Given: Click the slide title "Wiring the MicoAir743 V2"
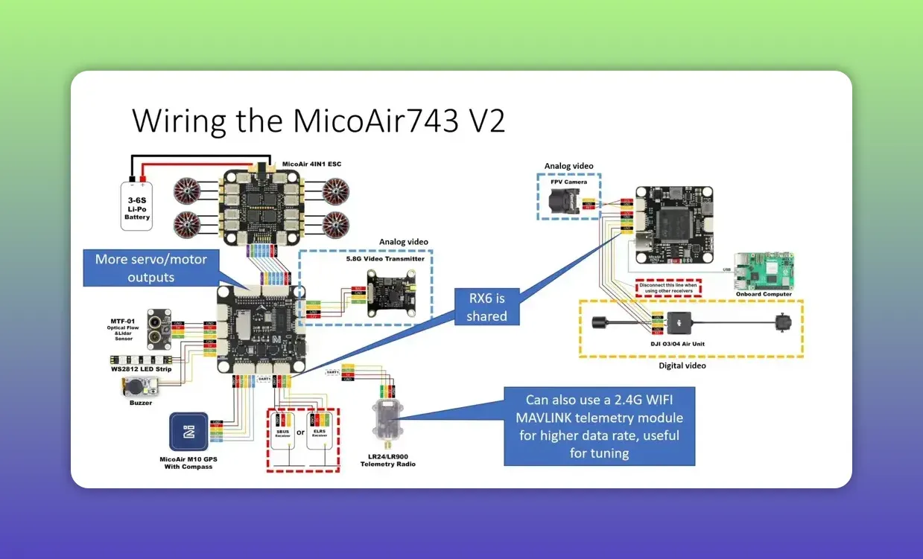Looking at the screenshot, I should click(318, 120).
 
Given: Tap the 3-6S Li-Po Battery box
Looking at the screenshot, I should click(137, 203).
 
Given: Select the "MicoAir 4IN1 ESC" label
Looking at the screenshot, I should click(311, 164).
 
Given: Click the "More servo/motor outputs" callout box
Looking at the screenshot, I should click(151, 268).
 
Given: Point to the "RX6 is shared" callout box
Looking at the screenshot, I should click(486, 307).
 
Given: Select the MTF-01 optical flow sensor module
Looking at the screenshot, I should click(159, 328).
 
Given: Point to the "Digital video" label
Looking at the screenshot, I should click(682, 365).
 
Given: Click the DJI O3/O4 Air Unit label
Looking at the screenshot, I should click(682, 343).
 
